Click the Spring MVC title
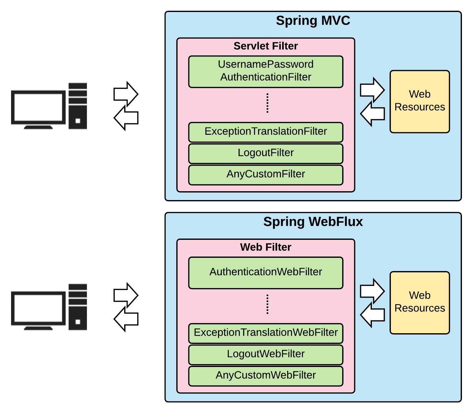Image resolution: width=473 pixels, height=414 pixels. pos(313,21)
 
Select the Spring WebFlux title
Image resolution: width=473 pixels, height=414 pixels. pos(313,222)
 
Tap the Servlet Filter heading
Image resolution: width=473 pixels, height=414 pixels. pos(265,46)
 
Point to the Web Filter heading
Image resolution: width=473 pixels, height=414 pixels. pos(265,247)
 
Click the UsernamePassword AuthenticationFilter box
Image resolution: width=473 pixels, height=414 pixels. pos(265,71)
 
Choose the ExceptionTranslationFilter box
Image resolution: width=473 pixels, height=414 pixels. pos(265,132)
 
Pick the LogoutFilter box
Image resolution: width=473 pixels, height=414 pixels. pos(265,153)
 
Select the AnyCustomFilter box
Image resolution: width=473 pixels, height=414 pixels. pos(265,174)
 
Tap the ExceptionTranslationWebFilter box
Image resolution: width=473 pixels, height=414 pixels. pos(265,333)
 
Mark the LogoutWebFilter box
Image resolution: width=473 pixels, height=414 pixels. pos(265,354)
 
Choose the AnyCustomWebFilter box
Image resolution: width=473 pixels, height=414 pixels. pos(265,376)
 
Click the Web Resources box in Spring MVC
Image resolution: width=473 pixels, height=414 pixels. pos(419,101)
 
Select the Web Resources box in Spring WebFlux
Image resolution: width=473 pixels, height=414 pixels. pos(419,302)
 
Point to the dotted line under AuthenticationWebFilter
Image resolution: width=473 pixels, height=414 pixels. pos(267,304)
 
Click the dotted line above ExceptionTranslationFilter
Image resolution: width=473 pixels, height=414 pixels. pos(267,103)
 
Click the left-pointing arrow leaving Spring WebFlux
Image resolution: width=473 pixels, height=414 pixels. pos(126,319)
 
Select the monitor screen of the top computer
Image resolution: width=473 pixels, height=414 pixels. pos(38,107)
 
